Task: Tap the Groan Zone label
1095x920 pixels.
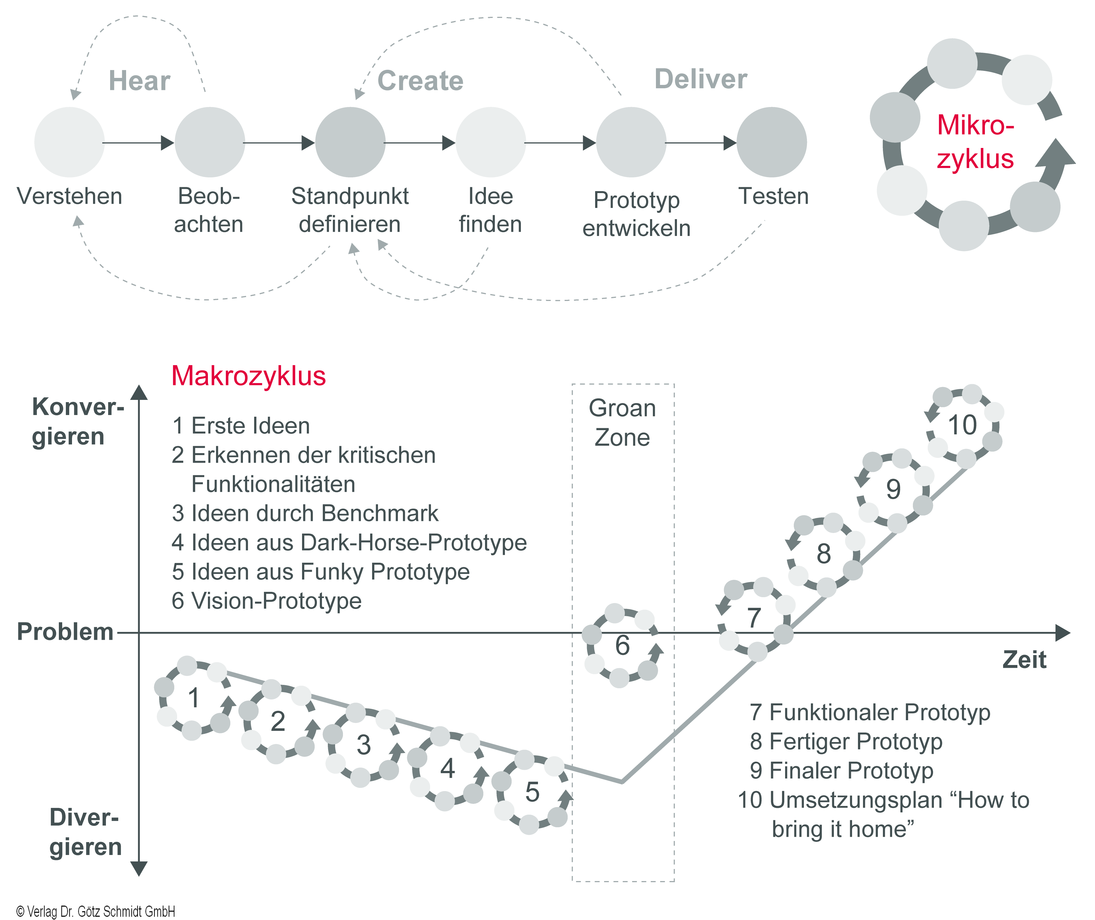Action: (622, 423)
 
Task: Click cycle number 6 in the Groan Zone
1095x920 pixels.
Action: (622, 645)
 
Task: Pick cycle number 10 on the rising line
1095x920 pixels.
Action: (962, 425)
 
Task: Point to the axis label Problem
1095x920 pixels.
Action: (65, 632)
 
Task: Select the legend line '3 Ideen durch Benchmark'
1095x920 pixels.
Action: (305, 513)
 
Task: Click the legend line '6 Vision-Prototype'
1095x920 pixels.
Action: (266, 601)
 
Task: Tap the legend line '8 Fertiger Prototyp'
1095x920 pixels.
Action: (846, 741)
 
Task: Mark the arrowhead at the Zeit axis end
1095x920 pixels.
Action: (1062, 633)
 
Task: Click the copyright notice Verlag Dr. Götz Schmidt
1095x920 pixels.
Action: (96, 911)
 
